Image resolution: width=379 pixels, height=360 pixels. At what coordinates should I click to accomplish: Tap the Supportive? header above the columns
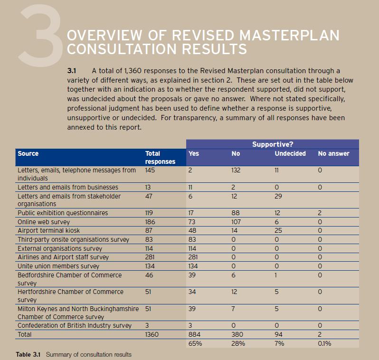click(273, 144)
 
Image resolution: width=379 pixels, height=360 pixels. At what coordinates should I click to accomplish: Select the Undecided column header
click(290, 153)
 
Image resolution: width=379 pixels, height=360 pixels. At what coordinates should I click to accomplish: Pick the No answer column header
click(333, 153)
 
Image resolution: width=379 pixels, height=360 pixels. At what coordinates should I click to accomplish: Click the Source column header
click(28, 153)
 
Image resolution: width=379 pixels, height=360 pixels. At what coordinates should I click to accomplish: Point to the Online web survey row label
click(44, 222)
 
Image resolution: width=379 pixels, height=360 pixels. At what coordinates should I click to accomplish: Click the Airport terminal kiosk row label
click(48, 230)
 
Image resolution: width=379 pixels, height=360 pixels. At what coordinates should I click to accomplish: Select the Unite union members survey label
click(58, 266)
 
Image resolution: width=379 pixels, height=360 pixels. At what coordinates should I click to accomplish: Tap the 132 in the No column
click(236, 170)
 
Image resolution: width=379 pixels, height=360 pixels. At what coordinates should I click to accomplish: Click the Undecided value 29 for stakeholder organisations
click(278, 196)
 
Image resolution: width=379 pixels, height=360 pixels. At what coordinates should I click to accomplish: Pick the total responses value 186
click(150, 222)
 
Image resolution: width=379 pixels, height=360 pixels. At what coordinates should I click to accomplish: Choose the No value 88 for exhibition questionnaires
click(236, 213)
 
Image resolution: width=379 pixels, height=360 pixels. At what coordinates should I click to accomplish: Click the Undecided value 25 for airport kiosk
click(278, 230)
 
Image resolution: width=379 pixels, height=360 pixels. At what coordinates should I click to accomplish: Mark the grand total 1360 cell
click(152, 334)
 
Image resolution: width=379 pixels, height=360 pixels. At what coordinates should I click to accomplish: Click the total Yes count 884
click(194, 334)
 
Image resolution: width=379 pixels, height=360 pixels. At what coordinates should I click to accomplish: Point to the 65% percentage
click(195, 343)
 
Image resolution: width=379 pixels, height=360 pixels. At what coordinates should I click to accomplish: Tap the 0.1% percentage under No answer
click(324, 343)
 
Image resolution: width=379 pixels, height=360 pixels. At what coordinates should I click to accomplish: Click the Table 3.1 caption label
click(28, 354)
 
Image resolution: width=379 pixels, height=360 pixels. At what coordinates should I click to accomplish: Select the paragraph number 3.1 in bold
click(72, 71)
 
